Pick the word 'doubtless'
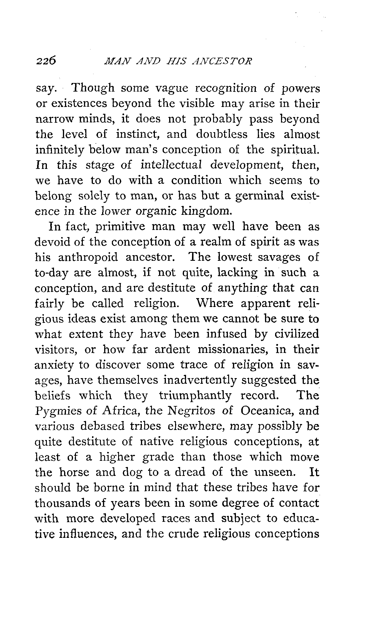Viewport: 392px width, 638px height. (x=222, y=134)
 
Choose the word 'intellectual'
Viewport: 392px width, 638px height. (x=172, y=165)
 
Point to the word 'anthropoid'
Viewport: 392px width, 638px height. (x=88, y=257)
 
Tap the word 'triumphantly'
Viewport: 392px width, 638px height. (x=195, y=396)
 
